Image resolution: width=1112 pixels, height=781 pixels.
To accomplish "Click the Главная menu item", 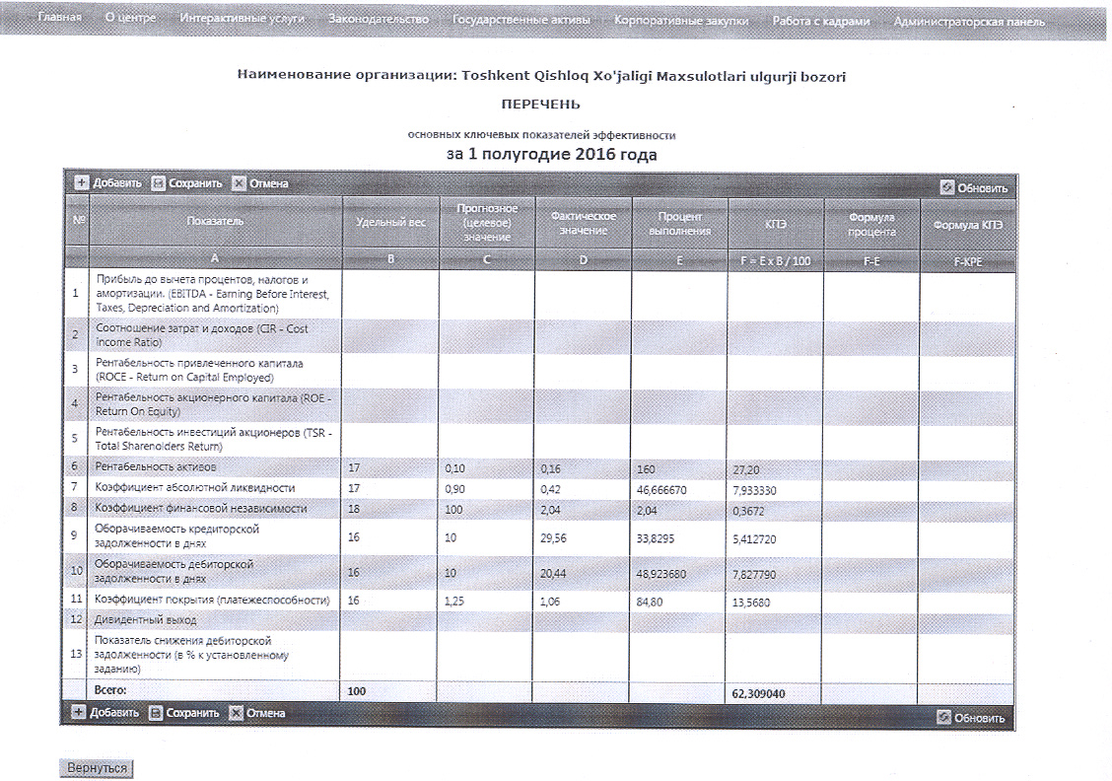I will (59, 20).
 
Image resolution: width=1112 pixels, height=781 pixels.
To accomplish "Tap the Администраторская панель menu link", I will (969, 21).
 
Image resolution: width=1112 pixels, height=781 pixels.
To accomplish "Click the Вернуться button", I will (97, 767).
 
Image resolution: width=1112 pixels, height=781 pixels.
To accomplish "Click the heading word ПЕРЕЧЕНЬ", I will (540, 104).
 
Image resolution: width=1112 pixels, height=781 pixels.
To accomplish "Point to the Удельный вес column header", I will (390, 222).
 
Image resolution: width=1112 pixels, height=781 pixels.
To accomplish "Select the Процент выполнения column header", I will (679, 223).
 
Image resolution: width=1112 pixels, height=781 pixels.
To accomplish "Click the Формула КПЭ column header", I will (966, 225).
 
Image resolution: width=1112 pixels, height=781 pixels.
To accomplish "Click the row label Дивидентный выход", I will (146, 619).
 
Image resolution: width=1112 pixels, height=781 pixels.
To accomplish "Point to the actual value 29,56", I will (559, 536).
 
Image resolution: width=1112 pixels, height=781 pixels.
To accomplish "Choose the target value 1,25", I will (455, 601).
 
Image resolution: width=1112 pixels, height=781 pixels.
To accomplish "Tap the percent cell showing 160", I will (648, 469).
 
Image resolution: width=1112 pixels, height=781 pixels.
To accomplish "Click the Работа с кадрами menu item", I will (820, 20).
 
